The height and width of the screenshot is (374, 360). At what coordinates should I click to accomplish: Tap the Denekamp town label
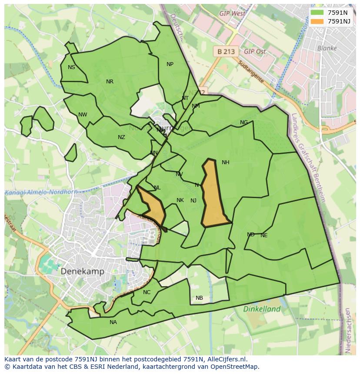[82, 271]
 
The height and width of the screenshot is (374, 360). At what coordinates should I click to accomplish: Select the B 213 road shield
[226, 52]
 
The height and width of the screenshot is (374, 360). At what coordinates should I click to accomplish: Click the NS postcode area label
[71, 67]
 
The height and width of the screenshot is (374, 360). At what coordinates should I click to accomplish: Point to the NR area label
[110, 82]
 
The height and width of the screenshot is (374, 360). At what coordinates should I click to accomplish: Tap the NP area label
[170, 64]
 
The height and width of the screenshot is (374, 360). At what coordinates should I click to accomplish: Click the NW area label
[83, 115]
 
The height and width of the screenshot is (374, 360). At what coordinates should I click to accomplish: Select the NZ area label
[121, 137]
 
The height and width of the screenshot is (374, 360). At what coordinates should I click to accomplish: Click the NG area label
[244, 122]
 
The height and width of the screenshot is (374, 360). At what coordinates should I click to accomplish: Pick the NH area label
[225, 162]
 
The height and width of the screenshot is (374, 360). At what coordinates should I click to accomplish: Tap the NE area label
[264, 235]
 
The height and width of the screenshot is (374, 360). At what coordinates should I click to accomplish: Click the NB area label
[199, 298]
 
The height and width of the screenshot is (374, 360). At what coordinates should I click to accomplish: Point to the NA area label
[113, 322]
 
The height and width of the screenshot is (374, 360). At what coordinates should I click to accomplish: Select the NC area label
[147, 292]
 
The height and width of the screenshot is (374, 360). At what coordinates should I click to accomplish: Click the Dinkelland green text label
[262, 309]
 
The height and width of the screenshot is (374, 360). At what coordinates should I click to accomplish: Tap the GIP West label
[232, 13]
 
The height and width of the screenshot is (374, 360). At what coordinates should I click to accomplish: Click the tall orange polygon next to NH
[213, 195]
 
